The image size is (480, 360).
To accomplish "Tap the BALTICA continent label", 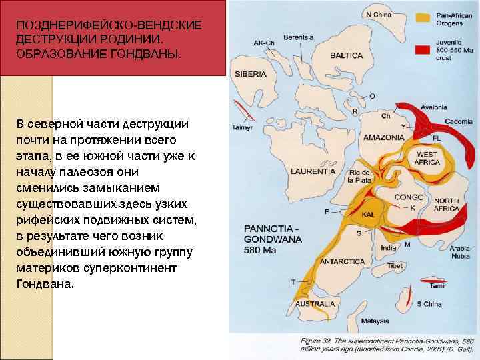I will [x=346, y=56].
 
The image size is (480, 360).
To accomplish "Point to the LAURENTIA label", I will [x=313, y=171].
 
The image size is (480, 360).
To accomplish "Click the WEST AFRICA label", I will [x=427, y=159].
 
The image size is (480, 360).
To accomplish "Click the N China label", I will [x=378, y=14].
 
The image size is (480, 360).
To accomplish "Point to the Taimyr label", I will [x=240, y=127].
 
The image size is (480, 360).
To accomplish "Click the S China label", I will [x=429, y=304].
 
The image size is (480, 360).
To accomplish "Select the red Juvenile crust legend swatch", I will [x=422, y=49].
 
